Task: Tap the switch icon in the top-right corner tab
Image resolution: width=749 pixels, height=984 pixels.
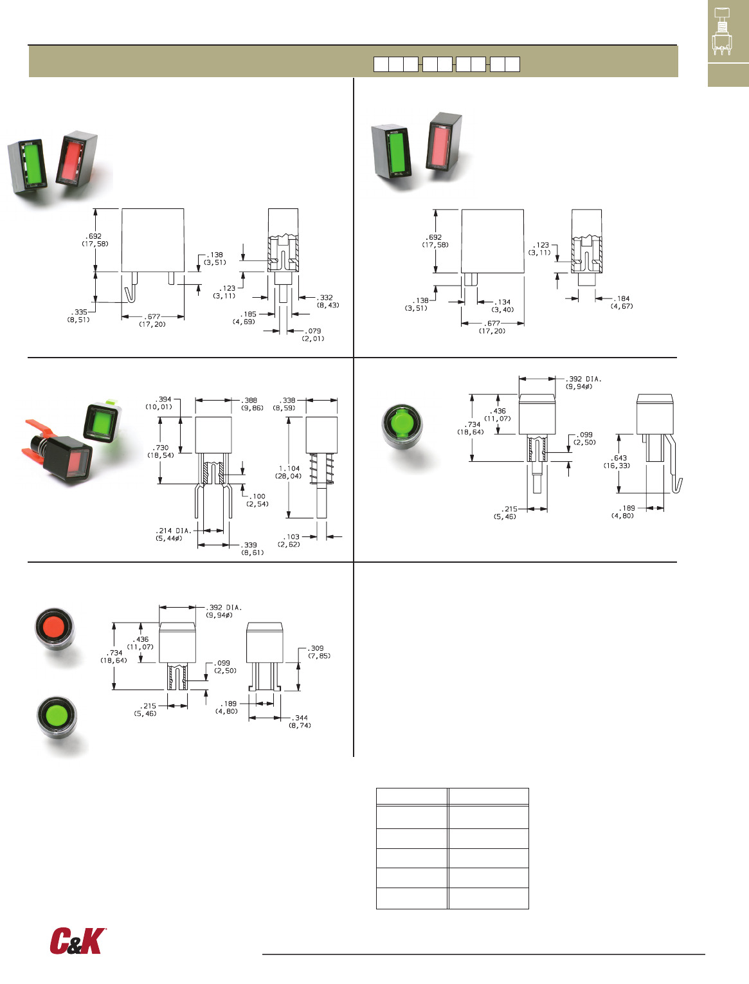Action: tap(721, 32)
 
